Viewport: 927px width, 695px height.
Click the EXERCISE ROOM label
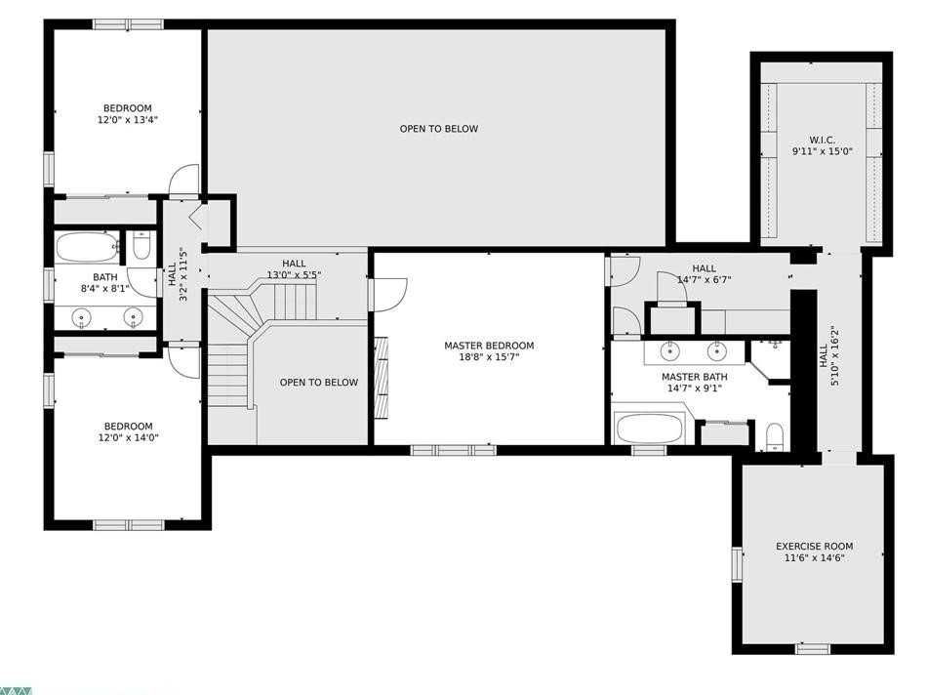[x=814, y=547]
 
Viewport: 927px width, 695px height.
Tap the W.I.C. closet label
[x=822, y=140]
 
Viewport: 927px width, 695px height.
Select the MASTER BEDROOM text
[x=489, y=346]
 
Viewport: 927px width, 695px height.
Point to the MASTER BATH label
[x=694, y=377]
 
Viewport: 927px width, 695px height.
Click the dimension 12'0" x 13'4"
[x=128, y=120]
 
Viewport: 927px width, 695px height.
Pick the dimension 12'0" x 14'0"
[x=128, y=438]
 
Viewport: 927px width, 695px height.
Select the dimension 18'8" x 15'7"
[x=489, y=357]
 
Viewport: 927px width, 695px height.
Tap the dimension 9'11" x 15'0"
[x=822, y=151]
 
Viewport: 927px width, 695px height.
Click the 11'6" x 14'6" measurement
[x=814, y=558]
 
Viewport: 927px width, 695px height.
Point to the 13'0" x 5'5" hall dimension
[x=294, y=275]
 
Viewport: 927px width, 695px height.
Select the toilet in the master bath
[x=775, y=434]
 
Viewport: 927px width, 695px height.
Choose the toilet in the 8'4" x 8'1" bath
[x=141, y=247]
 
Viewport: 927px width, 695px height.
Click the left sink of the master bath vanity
[x=670, y=349]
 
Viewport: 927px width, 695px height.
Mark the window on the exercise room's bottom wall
[x=813, y=647]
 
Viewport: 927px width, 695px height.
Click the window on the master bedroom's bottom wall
[x=453, y=450]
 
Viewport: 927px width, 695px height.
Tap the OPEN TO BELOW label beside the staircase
[x=318, y=383]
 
